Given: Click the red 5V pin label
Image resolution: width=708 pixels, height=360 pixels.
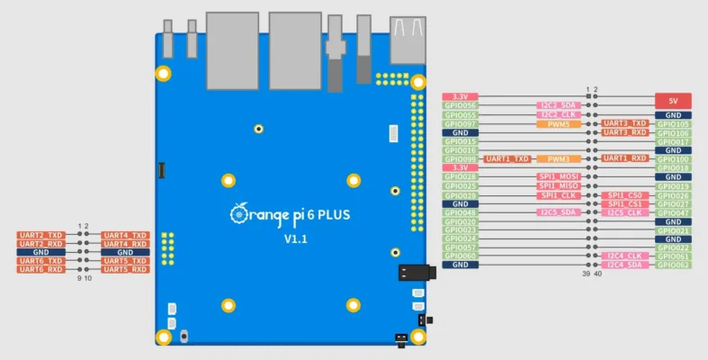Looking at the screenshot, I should coord(673,101).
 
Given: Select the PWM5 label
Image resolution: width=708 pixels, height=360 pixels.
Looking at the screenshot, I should coord(558,124).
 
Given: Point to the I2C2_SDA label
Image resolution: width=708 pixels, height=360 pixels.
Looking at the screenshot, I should coord(558,106).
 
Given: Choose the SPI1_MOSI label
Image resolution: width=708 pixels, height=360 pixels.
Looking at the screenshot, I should coord(558,177).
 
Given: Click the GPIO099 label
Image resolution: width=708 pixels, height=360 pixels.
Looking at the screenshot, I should coord(460,159).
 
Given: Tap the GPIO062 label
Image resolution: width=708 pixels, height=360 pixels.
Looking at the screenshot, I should coord(673,265).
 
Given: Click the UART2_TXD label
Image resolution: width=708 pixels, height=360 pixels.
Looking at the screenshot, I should coord(41,235).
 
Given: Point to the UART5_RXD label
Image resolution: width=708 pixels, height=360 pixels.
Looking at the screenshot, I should coord(126,270).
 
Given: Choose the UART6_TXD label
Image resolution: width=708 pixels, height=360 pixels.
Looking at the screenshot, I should coord(41,261).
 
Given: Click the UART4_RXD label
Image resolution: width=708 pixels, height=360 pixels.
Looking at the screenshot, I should coord(126,244).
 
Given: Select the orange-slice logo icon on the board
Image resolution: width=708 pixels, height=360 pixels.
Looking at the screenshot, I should coord(238,213).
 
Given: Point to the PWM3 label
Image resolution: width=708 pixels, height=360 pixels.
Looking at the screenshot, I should coord(558,159).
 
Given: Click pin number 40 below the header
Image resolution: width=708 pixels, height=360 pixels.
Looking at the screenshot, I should coord(597,274).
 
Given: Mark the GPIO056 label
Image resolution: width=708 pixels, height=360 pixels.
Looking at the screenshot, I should coord(460,106).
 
